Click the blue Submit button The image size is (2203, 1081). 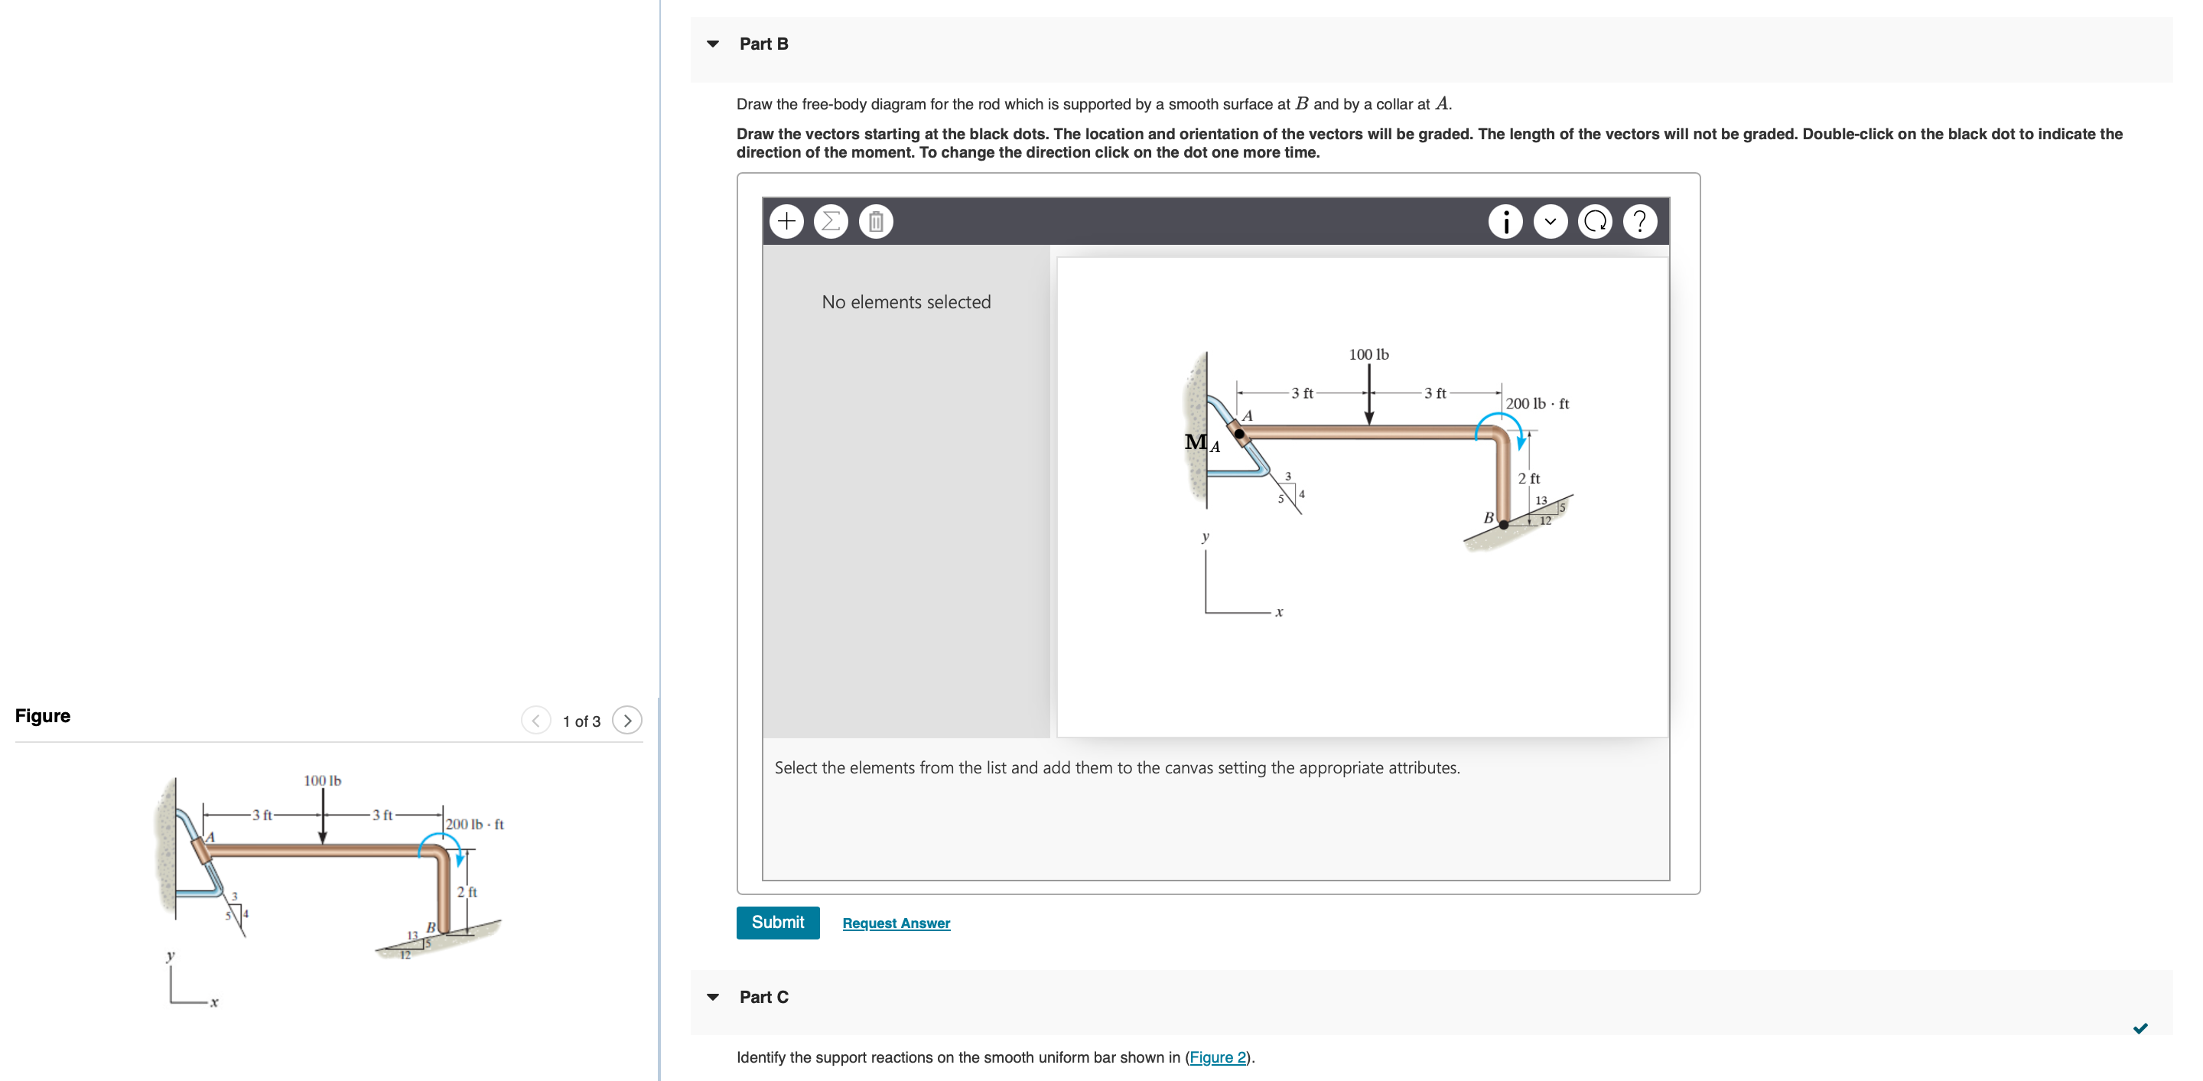(x=776, y=922)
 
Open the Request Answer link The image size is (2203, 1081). (x=896, y=923)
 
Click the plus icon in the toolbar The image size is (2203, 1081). (x=786, y=222)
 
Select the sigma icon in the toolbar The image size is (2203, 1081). (x=831, y=222)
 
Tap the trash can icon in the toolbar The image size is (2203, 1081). (x=875, y=222)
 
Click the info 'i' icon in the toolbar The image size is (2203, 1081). (x=1505, y=222)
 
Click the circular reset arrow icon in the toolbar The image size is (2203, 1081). (x=1594, y=222)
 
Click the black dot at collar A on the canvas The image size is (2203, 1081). (x=1239, y=434)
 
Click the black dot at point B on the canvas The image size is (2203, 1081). (x=1503, y=525)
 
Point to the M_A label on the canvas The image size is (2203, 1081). (x=1201, y=442)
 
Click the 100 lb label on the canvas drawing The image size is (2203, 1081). (x=1368, y=354)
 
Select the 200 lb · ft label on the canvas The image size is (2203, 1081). (x=1537, y=404)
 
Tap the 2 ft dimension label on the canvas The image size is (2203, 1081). (x=1528, y=478)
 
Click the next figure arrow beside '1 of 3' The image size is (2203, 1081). (x=627, y=721)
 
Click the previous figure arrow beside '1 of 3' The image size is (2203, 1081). (x=535, y=721)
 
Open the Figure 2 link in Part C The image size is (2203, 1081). (x=1217, y=1057)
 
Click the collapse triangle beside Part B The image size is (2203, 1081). (x=712, y=44)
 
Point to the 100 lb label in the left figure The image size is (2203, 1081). (x=322, y=780)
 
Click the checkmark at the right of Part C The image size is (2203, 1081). (x=2140, y=1028)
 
